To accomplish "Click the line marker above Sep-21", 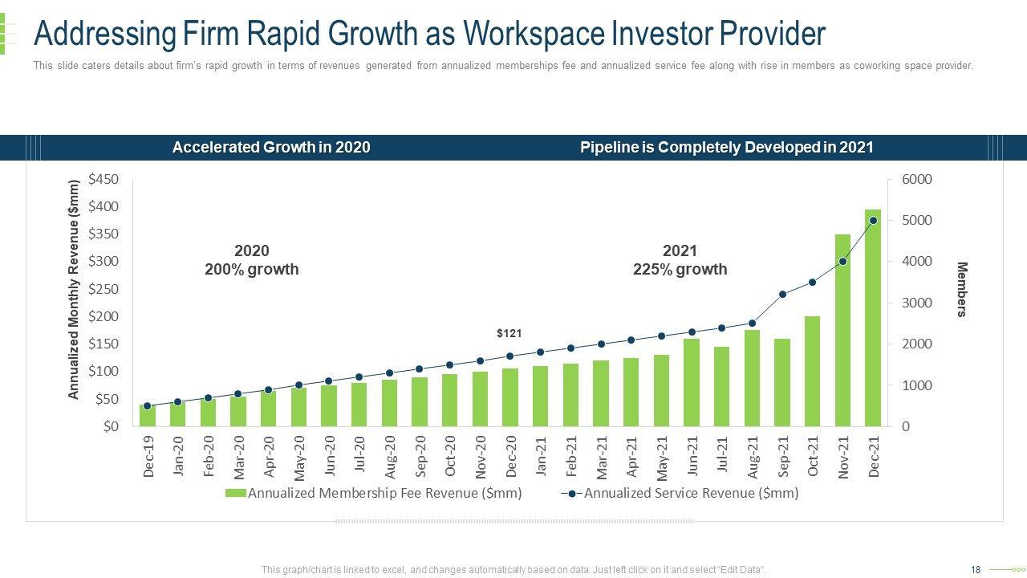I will pyautogui.click(x=782, y=294).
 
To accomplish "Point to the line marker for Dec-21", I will pyautogui.click(x=873, y=220).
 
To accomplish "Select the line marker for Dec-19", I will pyautogui.click(x=147, y=406).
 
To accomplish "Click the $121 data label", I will pyautogui.click(x=509, y=332).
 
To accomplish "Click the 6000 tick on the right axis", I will pyautogui.click(x=917, y=179).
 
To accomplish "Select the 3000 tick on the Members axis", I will pyautogui.click(x=917, y=303).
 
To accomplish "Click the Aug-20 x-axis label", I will pyautogui.click(x=389, y=457).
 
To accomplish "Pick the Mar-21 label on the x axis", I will pyautogui.click(x=601, y=457).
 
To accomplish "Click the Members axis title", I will pyautogui.click(x=962, y=289).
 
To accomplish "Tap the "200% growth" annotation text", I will pyautogui.click(x=251, y=270).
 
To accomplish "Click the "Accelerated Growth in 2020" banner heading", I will pyautogui.click(x=271, y=148).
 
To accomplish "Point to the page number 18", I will pyautogui.click(x=976, y=570).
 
